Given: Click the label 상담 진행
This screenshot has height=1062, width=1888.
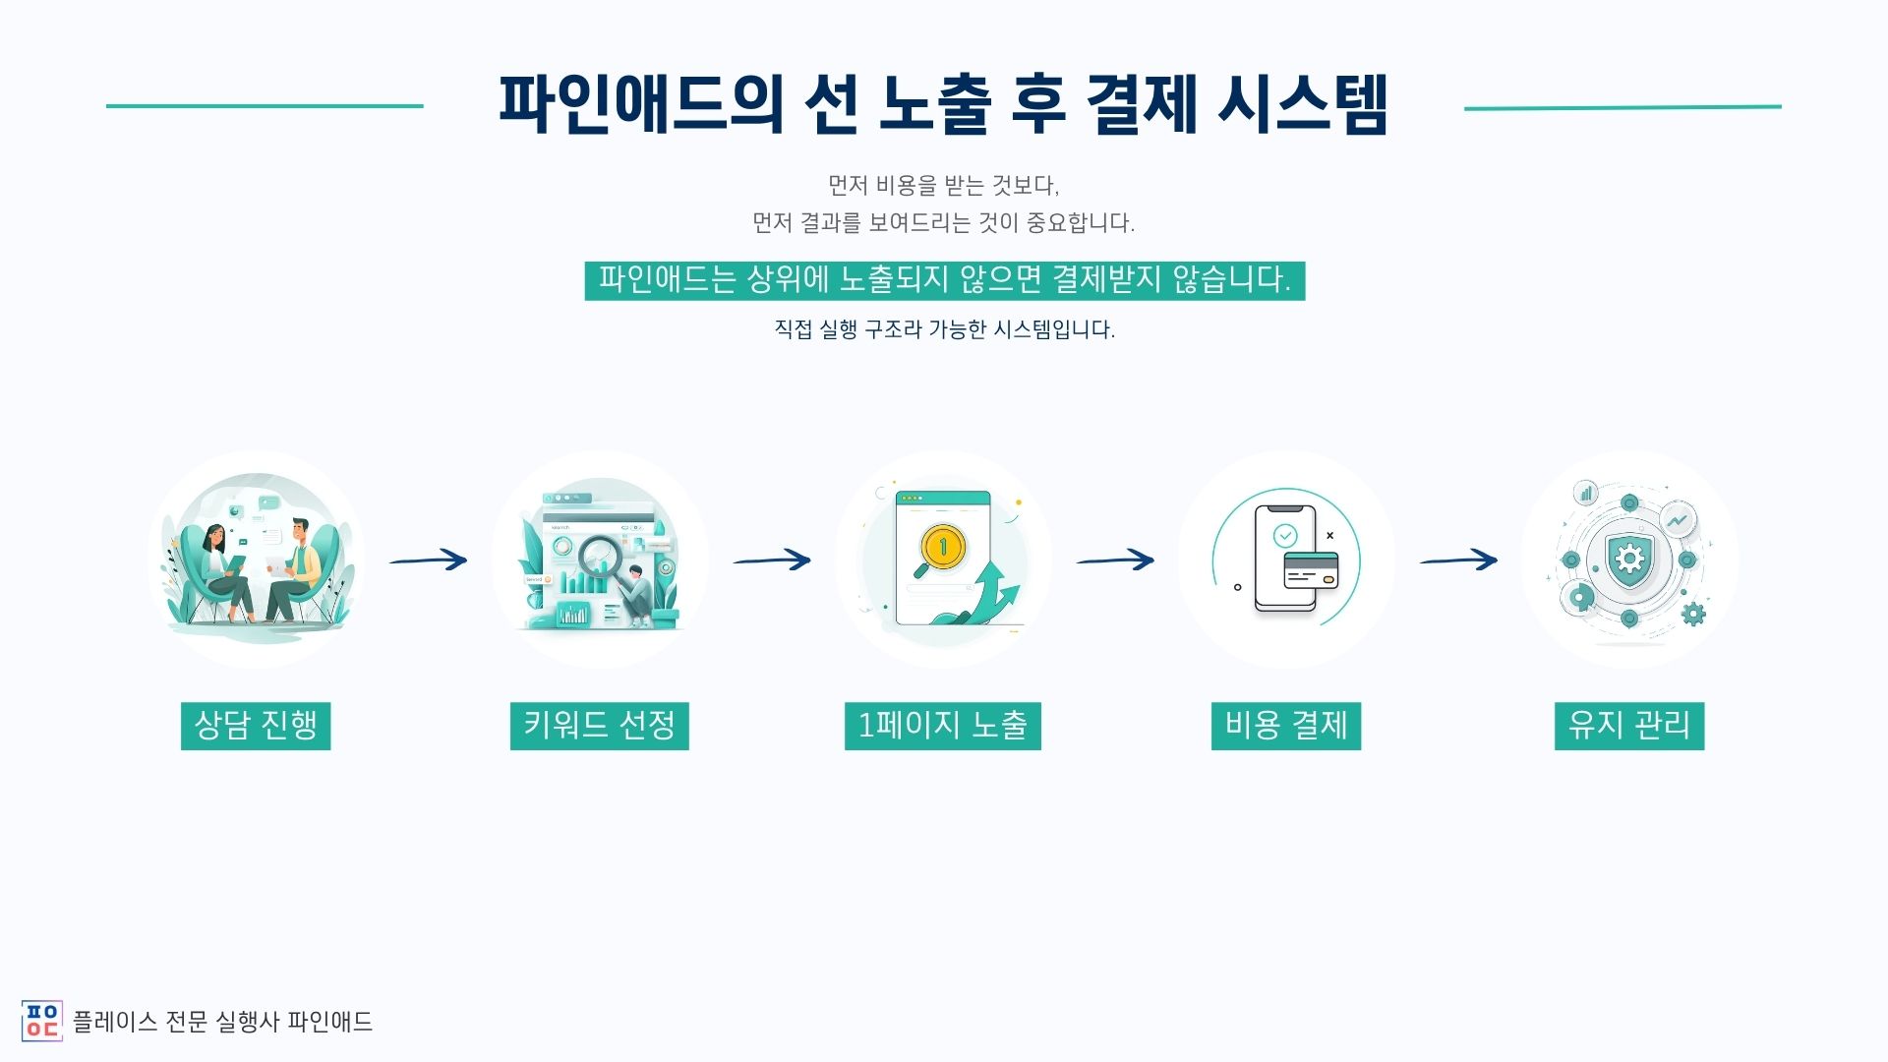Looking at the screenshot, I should [256, 726].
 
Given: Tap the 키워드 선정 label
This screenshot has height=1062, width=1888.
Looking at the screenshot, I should [599, 726].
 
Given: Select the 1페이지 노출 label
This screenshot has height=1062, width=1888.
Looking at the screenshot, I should [942, 726].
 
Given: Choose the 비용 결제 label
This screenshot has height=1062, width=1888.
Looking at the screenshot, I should [1285, 726].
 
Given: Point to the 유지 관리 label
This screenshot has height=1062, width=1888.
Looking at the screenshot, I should [1628, 726].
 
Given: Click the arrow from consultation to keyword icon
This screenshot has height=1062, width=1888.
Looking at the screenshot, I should [429, 560].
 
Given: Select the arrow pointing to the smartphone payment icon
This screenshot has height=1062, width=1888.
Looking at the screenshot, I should [1115, 560].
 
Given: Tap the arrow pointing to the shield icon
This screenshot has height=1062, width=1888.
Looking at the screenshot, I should [1458, 560].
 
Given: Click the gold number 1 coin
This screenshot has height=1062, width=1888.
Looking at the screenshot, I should [942, 546].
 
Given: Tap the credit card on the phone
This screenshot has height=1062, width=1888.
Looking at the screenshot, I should [1311, 569].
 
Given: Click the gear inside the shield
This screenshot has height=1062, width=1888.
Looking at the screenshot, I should [1629, 560].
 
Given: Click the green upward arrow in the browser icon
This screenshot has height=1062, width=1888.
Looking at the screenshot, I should [993, 594].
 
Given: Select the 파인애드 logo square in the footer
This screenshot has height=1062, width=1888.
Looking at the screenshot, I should [41, 1021].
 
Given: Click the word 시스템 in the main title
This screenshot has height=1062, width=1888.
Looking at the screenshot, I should [1302, 104].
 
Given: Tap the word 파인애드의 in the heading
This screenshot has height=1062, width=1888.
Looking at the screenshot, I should [640, 104].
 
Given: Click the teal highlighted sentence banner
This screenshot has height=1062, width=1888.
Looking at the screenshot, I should [944, 280].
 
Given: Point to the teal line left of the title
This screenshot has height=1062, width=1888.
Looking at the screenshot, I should [265, 106].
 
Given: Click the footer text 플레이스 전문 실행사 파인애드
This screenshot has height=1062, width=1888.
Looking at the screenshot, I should [223, 1022].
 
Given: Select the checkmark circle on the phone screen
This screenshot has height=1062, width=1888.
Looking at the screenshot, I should [1284, 536].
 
